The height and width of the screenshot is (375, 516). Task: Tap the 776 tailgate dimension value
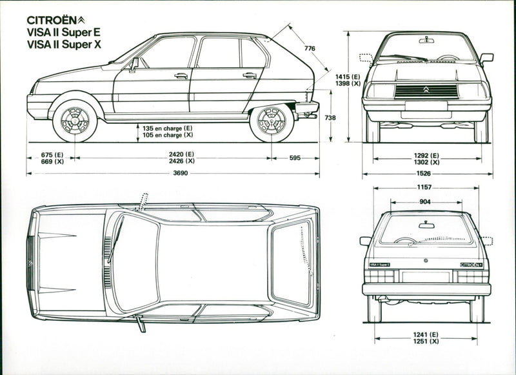pos(310,48)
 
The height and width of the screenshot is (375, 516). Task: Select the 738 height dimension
pos(330,117)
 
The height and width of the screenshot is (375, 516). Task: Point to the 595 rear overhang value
pos(295,157)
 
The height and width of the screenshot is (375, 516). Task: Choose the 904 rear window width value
pos(426,201)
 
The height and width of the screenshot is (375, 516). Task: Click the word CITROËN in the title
pos(52,19)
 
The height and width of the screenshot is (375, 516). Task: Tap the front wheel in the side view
pos(75,120)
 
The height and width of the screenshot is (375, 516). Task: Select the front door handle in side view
pos(181,76)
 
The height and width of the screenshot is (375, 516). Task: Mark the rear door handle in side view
pos(250,76)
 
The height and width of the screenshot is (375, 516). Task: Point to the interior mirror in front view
pos(426,41)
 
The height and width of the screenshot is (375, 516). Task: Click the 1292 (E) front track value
pos(426,155)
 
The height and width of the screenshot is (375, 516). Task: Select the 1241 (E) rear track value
pos(426,334)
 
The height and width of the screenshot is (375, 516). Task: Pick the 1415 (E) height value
pos(347,77)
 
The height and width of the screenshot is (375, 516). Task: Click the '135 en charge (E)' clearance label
pos(168,128)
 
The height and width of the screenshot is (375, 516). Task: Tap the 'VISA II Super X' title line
pos(65,45)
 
